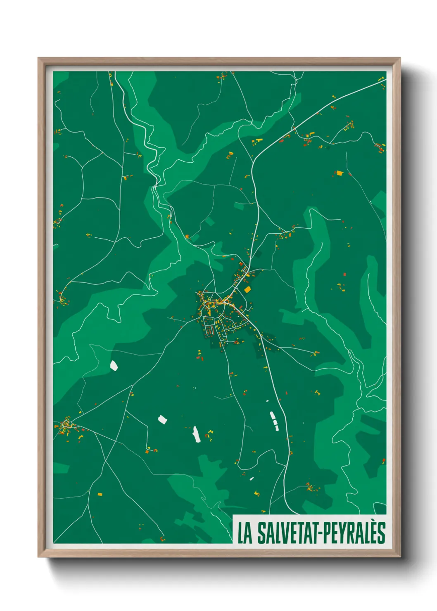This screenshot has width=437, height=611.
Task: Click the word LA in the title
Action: coord(245,533)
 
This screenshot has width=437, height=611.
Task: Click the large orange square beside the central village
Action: coord(247,290)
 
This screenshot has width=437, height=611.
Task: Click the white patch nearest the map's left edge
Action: coord(114,365)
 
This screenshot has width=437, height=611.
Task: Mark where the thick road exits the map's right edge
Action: coord(385,81)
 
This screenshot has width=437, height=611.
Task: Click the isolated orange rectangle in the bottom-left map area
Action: coord(100,494)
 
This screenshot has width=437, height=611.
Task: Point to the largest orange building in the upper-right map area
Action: coord(340,173)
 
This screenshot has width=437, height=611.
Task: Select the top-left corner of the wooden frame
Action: coord(38,58)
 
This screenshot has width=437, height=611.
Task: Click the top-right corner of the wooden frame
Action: coord(400,58)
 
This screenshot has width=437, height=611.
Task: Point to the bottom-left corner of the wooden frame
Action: coord(38,557)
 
